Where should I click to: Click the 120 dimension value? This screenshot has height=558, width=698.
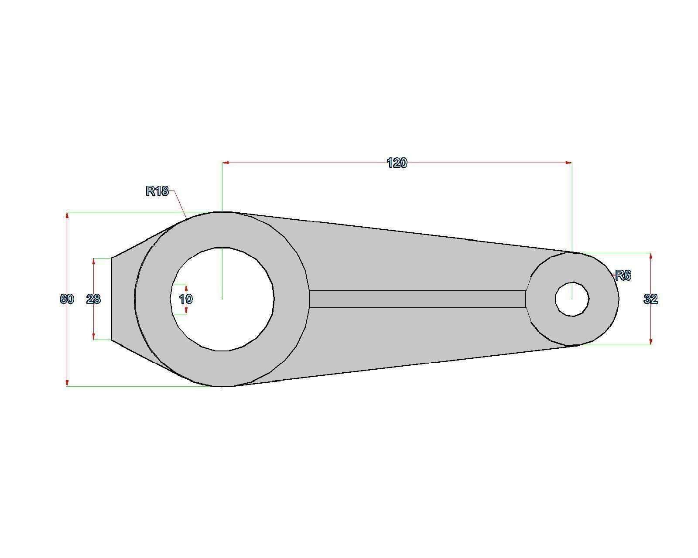pyautogui.click(x=397, y=163)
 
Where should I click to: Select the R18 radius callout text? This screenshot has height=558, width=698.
pyautogui.click(x=157, y=191)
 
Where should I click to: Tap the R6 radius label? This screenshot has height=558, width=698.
pyautogui.click(x=623, y=276)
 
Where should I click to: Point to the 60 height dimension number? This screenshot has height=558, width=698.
pyautogui.click(x=67, y=299)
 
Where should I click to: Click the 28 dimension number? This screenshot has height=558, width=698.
pyautogui.click(x=93, y=299)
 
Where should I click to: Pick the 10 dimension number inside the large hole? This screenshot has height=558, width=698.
pyautogui.click(x=185, y=299)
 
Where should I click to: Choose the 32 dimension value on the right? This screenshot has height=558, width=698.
pyautogui.click(x=650, y=299)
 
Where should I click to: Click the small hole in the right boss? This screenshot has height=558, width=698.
pyautogui.click(x=572, y=299)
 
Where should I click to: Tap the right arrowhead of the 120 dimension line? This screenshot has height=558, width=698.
pyautogui.click(x=568, y=163)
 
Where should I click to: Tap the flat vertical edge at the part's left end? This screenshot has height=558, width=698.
pyautogui.click(x=112, y=299)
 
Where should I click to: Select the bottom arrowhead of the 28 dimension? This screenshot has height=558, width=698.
pyautogui.click(x=94, y=336)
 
